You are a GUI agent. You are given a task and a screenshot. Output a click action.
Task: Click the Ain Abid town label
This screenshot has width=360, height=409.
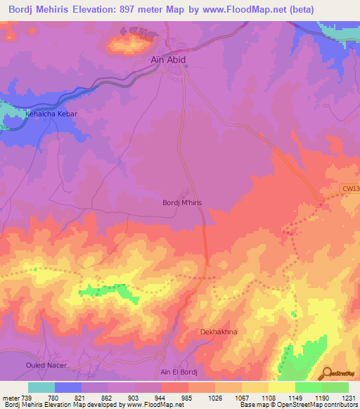[x=169, y=60]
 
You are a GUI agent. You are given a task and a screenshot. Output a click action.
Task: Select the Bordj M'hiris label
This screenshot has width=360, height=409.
[x=182, y=202]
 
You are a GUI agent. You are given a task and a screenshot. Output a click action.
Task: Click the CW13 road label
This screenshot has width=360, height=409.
[x=350, y=188]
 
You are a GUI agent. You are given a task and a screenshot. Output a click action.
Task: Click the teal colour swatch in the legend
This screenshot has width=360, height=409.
[x=41, y=387]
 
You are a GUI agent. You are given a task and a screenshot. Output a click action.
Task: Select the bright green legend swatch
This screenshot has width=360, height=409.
[x=308, y=387]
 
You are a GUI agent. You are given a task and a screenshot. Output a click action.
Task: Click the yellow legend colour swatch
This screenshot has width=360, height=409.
[x=281, y=387]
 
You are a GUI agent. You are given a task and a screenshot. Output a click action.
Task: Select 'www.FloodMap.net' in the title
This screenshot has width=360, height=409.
[x=231, y=8]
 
